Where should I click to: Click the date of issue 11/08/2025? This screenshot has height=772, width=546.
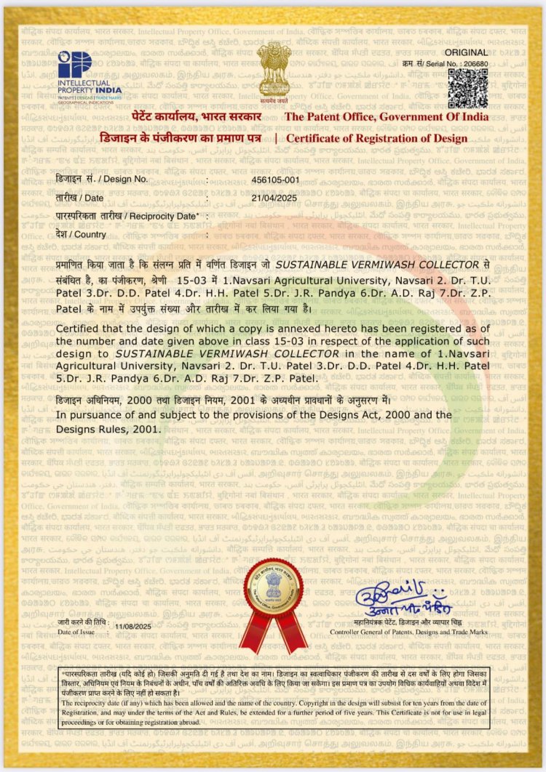point(133,625)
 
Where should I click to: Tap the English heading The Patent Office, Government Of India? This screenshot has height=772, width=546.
point(386,117)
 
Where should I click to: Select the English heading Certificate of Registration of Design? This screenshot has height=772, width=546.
point(377,138)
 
